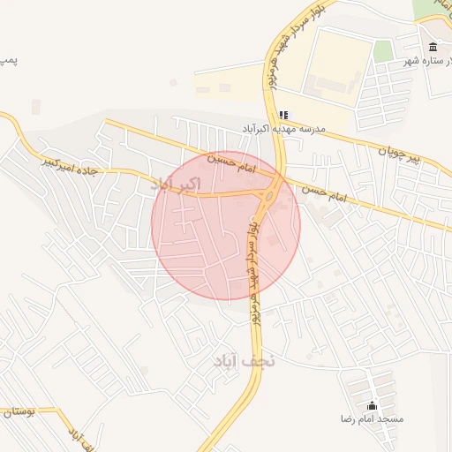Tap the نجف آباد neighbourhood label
coord(245,361)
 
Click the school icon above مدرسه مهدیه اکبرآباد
coord(283,115)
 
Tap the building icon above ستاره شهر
coord(433,47)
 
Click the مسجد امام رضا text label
coord(372,418)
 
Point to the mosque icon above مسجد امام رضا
coord(372,406)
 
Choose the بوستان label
coord(18,412)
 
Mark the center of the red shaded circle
coord(226,225)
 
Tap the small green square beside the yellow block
coord(382,51)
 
